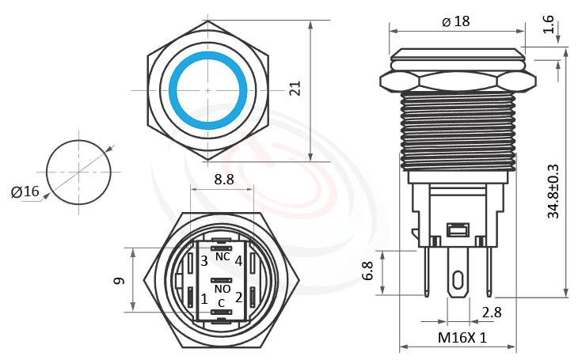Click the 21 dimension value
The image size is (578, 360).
[295, 89]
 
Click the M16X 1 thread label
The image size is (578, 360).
[462, 337]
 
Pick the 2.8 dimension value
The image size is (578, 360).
[492, 312]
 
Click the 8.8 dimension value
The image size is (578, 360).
[224, 180]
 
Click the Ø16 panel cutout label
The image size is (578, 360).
[25, 191]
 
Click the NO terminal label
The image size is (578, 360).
[222, 290]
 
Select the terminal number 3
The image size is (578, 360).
[203, 260]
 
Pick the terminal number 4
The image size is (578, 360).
[238, 260]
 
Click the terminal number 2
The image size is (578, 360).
[238, 297]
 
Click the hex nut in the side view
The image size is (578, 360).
[458, 81]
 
